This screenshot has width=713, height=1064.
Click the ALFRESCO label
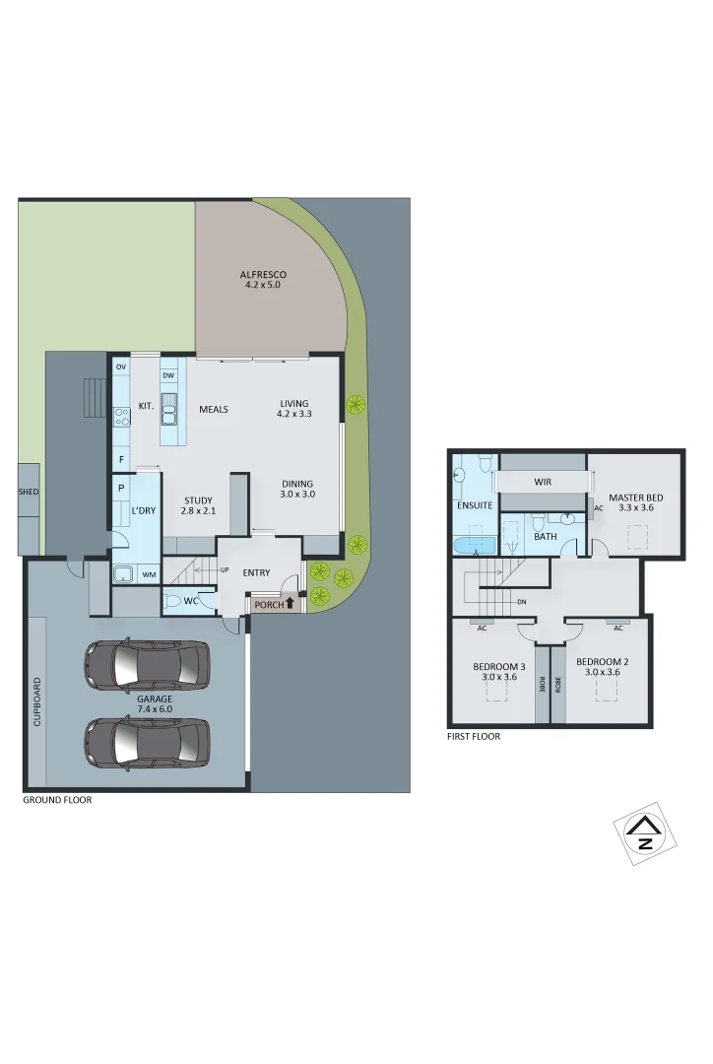263,274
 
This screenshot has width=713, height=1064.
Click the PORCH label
268,605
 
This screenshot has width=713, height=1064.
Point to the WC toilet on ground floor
174,600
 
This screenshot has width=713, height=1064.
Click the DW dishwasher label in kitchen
168,375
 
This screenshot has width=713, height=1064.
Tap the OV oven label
121,367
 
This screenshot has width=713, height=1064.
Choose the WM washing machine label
149,574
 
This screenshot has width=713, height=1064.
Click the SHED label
29,491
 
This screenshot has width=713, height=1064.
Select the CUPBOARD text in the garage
38,701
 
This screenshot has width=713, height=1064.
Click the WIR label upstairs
542,483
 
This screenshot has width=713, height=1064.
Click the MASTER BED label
635,499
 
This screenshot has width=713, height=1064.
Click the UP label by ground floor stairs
225,570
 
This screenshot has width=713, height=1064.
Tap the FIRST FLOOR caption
474,736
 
